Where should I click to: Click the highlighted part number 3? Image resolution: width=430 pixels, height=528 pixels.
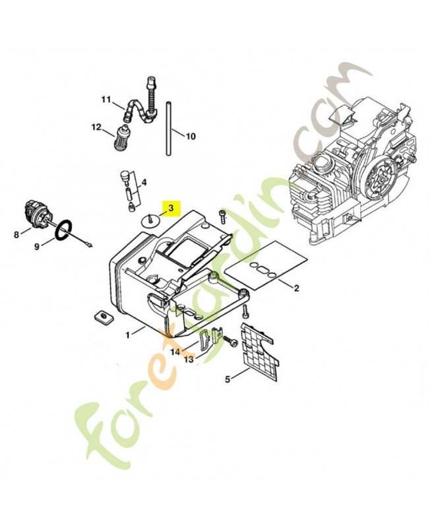pyautogui.click(x=171, y=208)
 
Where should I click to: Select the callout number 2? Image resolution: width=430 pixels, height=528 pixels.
pyautogui.click(x=296, y=288)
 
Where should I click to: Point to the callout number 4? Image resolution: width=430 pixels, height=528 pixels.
pyautogui.click(x=144, y=182)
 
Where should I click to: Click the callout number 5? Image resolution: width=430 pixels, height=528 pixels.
pyautogui.click(x=228, y=379)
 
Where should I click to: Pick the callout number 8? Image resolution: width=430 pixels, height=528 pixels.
pyautogui.click(x=16, y=234)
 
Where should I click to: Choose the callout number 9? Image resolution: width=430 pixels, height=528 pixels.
pyautogui.click(x=37, y=246)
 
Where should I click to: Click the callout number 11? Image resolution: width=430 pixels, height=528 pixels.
pyautogui.click(x=106, y=100)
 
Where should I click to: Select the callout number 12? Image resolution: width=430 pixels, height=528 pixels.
pyautogui.click(x=96, y=127)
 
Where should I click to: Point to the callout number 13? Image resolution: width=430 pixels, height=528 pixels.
pyautogui.click(x=189, y=360)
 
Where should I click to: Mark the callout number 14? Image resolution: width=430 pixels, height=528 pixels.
pyautogui.click(x=175, y=352)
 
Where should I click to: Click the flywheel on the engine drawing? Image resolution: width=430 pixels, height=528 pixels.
pyautogui.click(x=381, y=179)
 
